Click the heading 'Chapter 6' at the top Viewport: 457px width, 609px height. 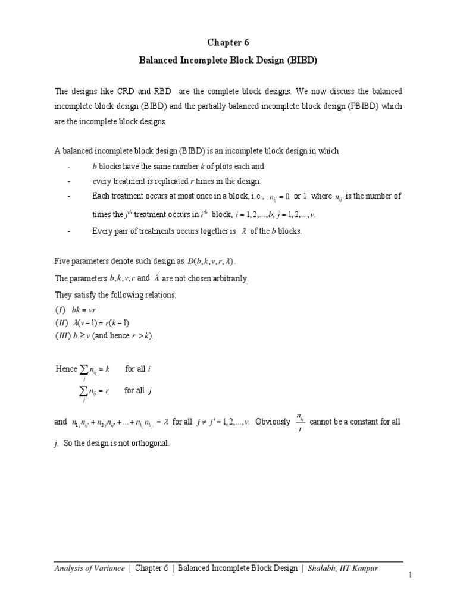point(228,42)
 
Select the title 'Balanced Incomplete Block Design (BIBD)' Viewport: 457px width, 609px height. point(228,61)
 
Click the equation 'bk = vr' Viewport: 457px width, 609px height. point(87,310)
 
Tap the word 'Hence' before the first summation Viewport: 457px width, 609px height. point(66,369)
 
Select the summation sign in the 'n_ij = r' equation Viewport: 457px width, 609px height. point(84,391)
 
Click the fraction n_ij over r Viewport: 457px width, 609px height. point(301,422)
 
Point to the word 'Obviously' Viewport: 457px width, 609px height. point(273,422)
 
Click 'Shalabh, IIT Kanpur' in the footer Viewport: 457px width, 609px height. point(345,569)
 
